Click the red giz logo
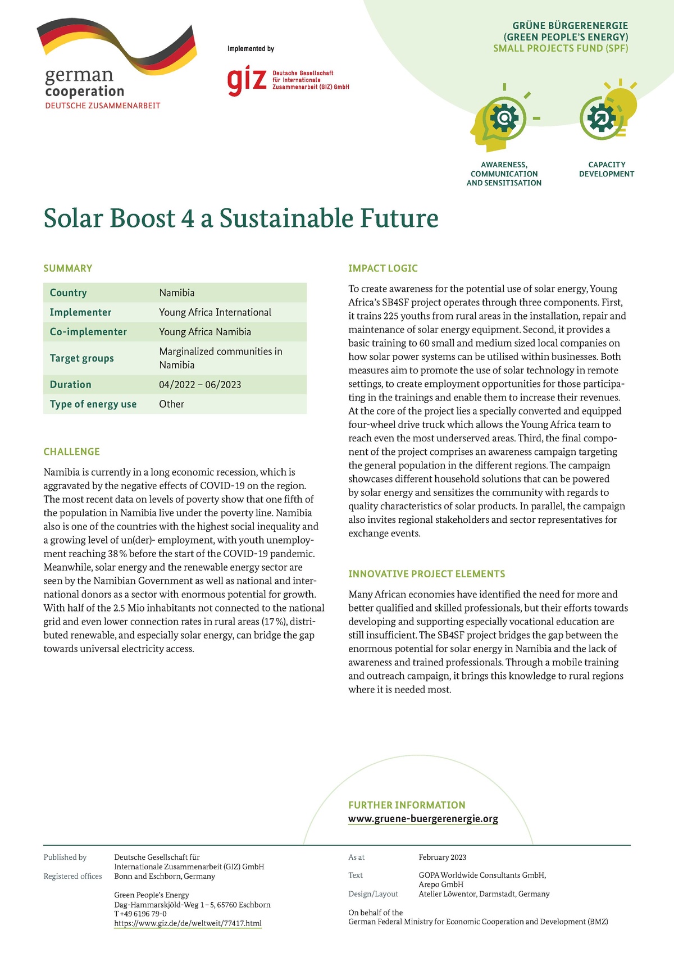[246, 81]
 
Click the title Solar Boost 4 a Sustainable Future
[241, 218]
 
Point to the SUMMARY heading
[68, 268]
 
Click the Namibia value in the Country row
[177, 293]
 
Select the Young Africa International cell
[215, 312]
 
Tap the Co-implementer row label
[88, 332]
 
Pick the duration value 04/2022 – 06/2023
[200, 385]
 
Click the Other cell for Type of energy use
[171, 404]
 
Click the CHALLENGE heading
[72, 452]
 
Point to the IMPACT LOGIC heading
[383, 268]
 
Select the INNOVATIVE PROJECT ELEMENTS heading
[427, 574]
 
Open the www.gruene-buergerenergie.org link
[423, 819]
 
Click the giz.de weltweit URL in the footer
[188, 923]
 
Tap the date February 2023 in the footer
[443, 858]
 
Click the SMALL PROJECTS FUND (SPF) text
[561, 48]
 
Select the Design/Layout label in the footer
[373, 894]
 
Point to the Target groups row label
[82, 358]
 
